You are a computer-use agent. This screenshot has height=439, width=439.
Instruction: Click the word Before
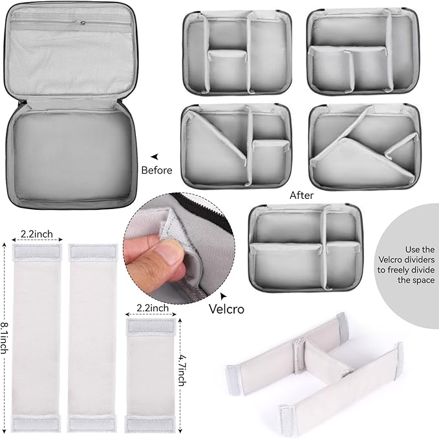point(156,170)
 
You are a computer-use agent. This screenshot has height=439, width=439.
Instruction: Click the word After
point(301,195)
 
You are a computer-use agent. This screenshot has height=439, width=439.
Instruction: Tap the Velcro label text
point(226,309)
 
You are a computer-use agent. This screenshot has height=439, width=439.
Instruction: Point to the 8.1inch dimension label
point(5,338)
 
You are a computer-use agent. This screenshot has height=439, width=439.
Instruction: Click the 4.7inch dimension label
point(182,370)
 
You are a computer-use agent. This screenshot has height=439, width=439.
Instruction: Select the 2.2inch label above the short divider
point(153,308)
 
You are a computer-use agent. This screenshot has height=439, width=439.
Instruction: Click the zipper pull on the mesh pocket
point(81,23)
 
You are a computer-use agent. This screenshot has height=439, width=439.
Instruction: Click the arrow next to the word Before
point(155,157)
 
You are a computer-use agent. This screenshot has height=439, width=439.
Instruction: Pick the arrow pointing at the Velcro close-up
point(224,296)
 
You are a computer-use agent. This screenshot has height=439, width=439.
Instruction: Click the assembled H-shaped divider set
point(314,374)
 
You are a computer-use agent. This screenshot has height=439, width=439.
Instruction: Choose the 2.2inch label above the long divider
point(37,234)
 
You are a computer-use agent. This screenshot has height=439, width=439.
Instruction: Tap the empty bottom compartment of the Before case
point(72,156)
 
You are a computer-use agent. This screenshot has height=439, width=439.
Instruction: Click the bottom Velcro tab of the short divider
point(151,424)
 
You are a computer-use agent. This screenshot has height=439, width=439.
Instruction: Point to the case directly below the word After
point(305,248)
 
